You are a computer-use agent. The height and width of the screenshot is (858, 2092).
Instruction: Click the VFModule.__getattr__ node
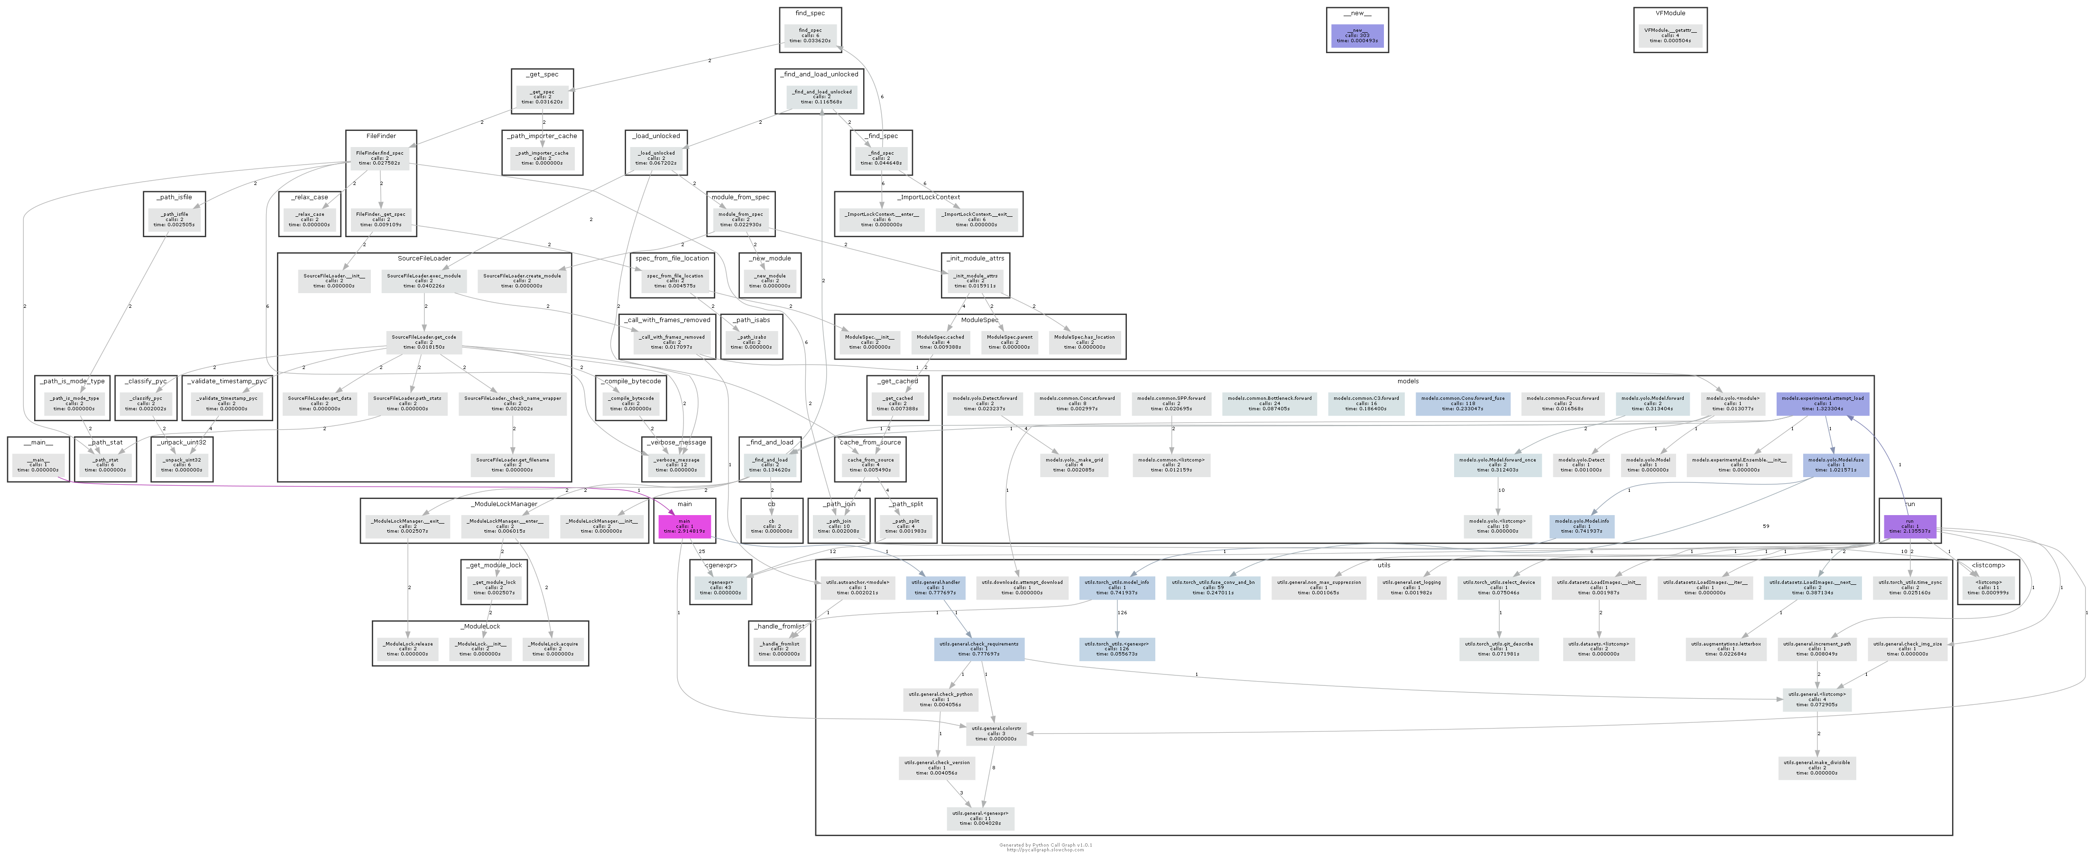(1670, 36)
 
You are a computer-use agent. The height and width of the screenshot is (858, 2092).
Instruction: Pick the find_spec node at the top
(810, 36)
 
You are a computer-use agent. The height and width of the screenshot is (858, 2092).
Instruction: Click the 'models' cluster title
(1407, 381)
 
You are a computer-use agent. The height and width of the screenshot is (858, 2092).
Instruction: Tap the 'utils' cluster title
(1384, 565)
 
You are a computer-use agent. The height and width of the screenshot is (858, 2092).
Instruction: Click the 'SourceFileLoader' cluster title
(424, 258)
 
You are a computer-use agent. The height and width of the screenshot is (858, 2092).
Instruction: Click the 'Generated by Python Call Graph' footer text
(1045, 845)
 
